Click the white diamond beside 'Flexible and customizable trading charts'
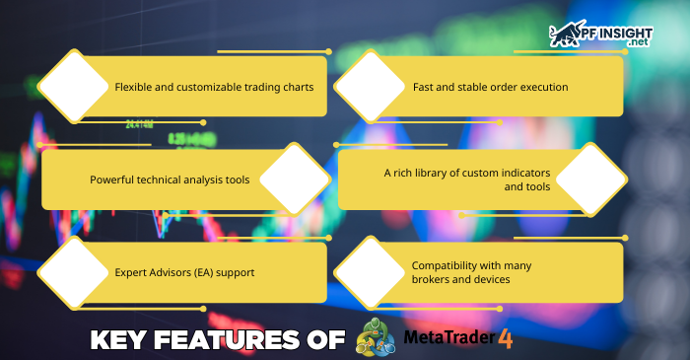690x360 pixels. tap(71, 86)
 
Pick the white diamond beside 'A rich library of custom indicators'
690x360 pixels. tap(591, 179)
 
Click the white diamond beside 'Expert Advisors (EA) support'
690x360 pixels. tap(71, 273)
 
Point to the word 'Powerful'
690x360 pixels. tap(112, 180)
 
